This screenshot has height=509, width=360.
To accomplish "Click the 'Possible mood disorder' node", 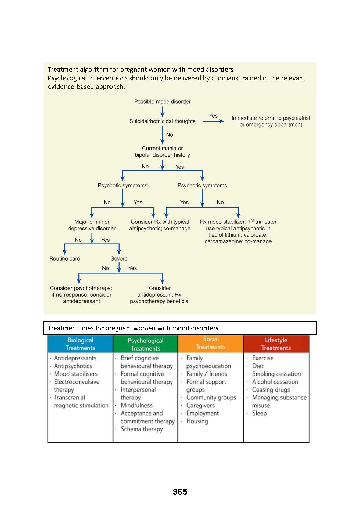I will coord(162,102).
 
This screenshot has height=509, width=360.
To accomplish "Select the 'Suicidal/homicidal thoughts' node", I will coord(162,121).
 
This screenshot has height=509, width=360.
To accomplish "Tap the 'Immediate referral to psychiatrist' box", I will coord(271,121).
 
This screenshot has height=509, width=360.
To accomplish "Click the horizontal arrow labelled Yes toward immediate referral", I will coord(213,121).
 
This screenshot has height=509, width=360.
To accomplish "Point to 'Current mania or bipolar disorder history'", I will coord(162,151).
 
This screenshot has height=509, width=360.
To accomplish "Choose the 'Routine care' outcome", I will coord(64,259).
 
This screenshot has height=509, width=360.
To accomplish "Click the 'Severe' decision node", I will coord(119,259).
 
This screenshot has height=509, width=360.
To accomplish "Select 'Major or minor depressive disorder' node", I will coord(92,225).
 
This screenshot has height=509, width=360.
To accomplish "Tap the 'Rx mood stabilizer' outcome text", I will coord(238,232).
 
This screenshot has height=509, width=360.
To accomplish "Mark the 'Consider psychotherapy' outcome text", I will coord(81,295).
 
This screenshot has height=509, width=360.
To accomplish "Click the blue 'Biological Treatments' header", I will coord(80,344).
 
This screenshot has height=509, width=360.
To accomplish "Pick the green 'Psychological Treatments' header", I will coord(145,344).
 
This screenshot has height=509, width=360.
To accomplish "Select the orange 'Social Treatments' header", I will coord(211,343).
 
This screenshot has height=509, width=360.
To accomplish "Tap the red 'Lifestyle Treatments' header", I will coord(276,344).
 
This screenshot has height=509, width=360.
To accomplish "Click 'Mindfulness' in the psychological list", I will coord(136,405).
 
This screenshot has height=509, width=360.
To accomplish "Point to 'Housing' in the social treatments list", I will coord(197,421).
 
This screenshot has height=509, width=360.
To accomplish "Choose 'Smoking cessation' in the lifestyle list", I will coord(276,374).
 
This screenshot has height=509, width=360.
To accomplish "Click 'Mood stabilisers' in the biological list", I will coord(76,374).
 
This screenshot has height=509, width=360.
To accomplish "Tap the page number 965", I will coord(180,492).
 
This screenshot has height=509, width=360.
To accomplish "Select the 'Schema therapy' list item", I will coord(142,429).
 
